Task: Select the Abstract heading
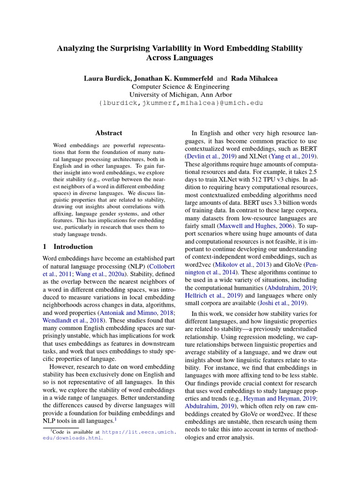[108, 133]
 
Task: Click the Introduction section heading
[73, 247]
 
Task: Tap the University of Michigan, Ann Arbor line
[180, 95]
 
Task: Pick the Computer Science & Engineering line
[180, 87]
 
